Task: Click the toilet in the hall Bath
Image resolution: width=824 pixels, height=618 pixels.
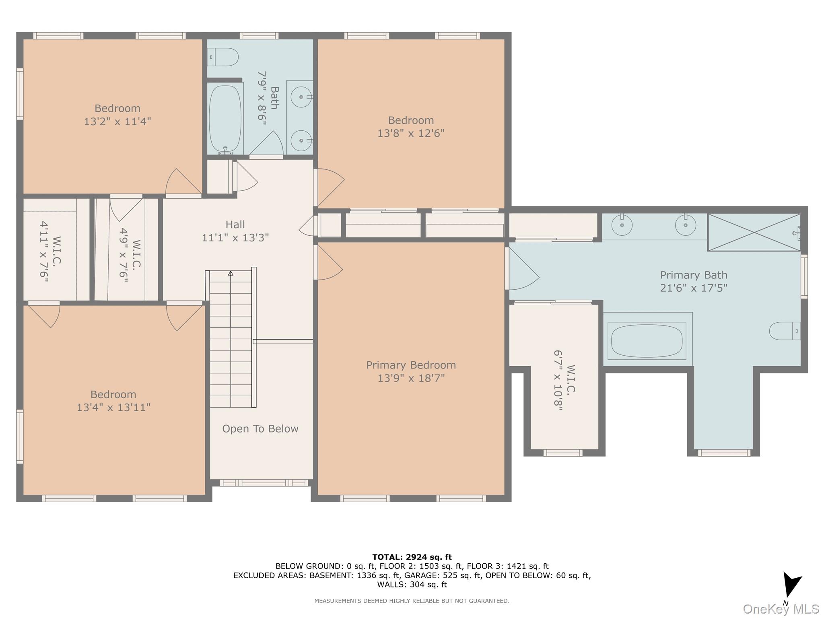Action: [x=223, y=57]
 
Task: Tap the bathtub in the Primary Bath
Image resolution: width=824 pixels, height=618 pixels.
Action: [x=647, y=341]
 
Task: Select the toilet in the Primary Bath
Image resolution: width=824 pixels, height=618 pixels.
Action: [x=785, y=331]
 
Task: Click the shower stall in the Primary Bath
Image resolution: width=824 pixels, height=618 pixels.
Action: [x=754, y=232]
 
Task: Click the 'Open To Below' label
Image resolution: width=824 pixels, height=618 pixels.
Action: [x=260, y=429]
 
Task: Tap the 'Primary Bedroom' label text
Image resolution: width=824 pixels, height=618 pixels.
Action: [x=411, y=365]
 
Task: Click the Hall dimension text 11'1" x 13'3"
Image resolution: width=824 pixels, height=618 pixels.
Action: [x=235, y=237]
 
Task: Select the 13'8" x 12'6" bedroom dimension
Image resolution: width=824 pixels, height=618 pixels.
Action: [x=411, y=133]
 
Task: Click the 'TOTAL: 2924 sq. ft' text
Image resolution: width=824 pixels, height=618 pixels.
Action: [x=412, y=557]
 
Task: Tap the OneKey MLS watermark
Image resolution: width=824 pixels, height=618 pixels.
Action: [x=781, y=609]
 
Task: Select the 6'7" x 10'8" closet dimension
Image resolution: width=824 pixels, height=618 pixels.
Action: [x=558, y=381]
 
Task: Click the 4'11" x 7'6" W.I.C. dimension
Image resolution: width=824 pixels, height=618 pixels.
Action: [x=44, y=252]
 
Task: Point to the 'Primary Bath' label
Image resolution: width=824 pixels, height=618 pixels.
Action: [x=694, y=275]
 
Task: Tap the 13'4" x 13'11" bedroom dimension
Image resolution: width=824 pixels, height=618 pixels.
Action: [x=113, y=407]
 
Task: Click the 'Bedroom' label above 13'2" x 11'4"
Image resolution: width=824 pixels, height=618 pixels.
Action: [x=117, y=108]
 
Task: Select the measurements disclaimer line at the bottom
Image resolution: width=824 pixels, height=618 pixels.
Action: [x=412, y=601]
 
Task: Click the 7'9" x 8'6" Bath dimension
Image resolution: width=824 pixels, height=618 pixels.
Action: [x=262, y=98]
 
